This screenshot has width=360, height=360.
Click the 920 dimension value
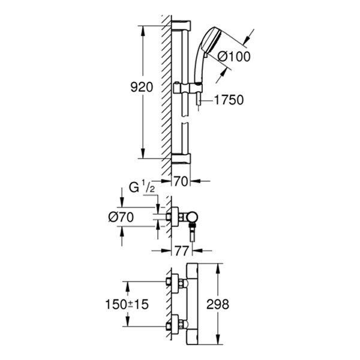[142, 87]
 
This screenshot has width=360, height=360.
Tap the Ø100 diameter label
[234, 56]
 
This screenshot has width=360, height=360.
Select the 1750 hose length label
[229, 100]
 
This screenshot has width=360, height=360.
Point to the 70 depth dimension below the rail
[181, 181]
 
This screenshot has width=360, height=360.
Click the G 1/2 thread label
[142, 188]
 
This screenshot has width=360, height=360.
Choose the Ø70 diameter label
[121, 217]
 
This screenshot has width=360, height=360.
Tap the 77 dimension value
[182, 251]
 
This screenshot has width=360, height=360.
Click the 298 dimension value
[218, 304]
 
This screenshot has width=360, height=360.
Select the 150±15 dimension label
[127, 304]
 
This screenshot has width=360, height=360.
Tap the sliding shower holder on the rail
[188, 88]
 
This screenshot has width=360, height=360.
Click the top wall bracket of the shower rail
[181, 26]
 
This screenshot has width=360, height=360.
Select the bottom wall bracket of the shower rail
[181, 158]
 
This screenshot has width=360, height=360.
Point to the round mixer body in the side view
[192, 217]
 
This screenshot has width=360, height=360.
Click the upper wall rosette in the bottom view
[175, 284]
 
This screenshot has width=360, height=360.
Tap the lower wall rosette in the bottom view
[175, 324]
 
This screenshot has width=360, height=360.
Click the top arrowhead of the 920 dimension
[143, 31]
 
